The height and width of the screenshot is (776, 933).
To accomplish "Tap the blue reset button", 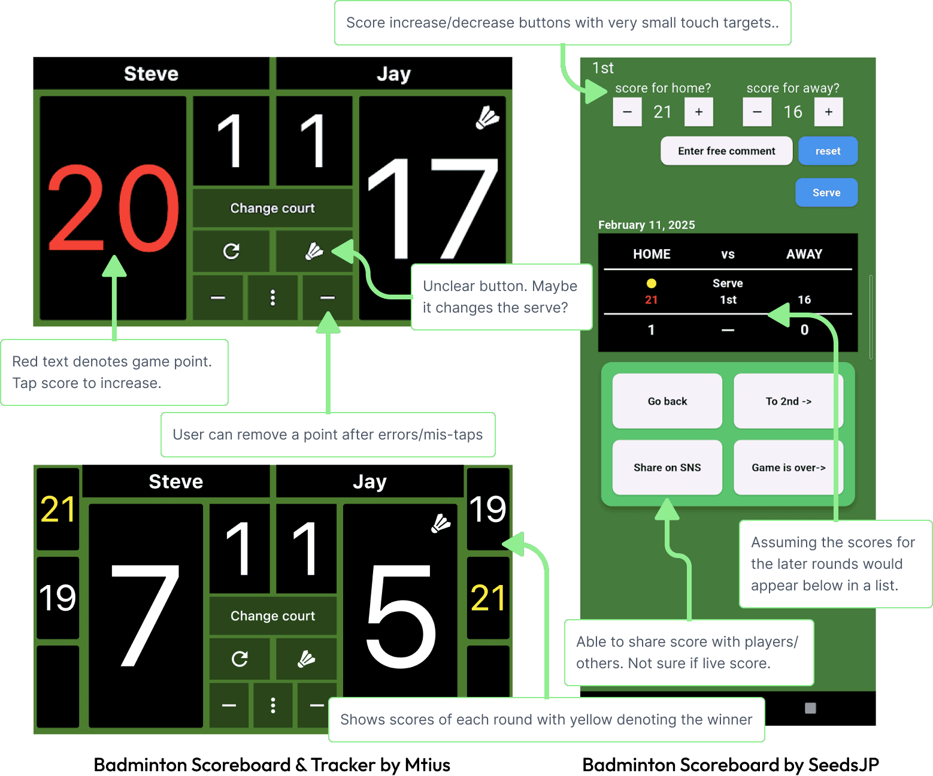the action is point(828,151).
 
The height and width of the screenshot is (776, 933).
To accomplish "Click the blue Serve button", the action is point(826,193).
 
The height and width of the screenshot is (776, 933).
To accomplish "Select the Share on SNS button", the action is point(667,467).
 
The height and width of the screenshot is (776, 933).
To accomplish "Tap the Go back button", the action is point(667,401).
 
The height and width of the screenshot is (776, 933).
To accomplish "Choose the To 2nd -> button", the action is point(788,401).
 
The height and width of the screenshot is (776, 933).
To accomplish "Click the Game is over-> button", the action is point(788,467).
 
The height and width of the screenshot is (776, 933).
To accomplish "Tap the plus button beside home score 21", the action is point(698,112).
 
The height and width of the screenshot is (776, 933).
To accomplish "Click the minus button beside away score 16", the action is point(757,112).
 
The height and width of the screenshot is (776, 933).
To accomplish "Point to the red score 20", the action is point(114,208).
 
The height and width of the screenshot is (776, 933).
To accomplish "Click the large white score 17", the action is point(432,208).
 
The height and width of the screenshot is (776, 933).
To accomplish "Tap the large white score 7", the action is point(146,616).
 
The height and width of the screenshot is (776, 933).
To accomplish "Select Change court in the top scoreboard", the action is point(272,208).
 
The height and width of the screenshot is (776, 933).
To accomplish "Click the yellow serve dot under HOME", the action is point(652,283).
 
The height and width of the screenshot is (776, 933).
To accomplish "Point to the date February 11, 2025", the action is point(647,225).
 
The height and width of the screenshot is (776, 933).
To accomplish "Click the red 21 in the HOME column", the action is point(652,300).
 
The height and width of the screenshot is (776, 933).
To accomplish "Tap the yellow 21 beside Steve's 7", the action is point(57,509).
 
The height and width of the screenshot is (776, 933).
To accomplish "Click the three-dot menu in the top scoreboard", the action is point(272,298).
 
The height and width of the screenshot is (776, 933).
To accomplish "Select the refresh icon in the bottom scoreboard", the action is point(240,659).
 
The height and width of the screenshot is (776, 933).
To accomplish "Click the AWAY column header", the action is point(804,254).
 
